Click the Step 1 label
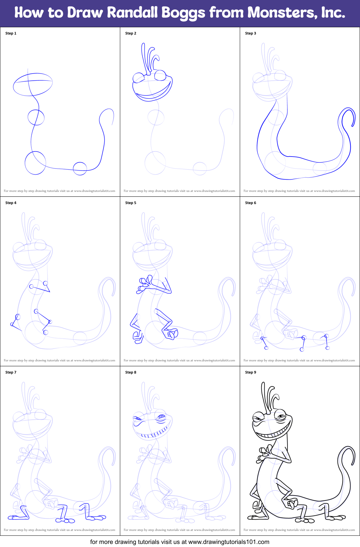tap(11, 33)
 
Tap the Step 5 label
tap(130, 203)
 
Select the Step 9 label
tap(251, 372)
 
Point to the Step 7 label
tap(11, 372)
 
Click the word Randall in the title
tap(132, 12)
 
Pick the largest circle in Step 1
tap(25, 163)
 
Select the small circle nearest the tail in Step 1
tap(80, 162)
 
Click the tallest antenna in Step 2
tap(142, 59)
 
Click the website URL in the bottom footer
tap(229, 542)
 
